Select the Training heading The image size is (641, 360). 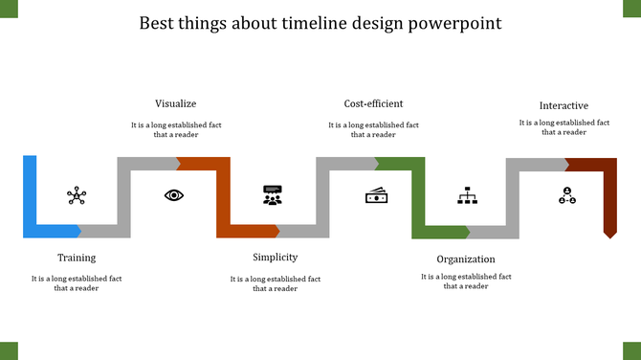[77, 258]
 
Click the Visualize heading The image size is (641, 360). [176, 103]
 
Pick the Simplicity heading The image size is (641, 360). [275, 257]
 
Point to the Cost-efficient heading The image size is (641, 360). [373, 103]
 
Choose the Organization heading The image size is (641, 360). [466, 259]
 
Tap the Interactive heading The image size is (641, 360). [564, 105]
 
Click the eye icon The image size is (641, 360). [174, 195]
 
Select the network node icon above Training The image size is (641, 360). [77, 196]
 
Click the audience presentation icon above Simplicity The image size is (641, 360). [273, 195]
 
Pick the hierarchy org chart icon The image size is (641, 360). [467, 196]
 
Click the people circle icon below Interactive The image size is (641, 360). [567, 195]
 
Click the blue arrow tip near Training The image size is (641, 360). [77, 231]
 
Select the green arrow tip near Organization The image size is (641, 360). [465, 232]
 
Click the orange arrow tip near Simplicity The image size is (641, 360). [275, 231]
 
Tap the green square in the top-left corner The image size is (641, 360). [9, 9]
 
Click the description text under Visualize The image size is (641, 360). [176, 129]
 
